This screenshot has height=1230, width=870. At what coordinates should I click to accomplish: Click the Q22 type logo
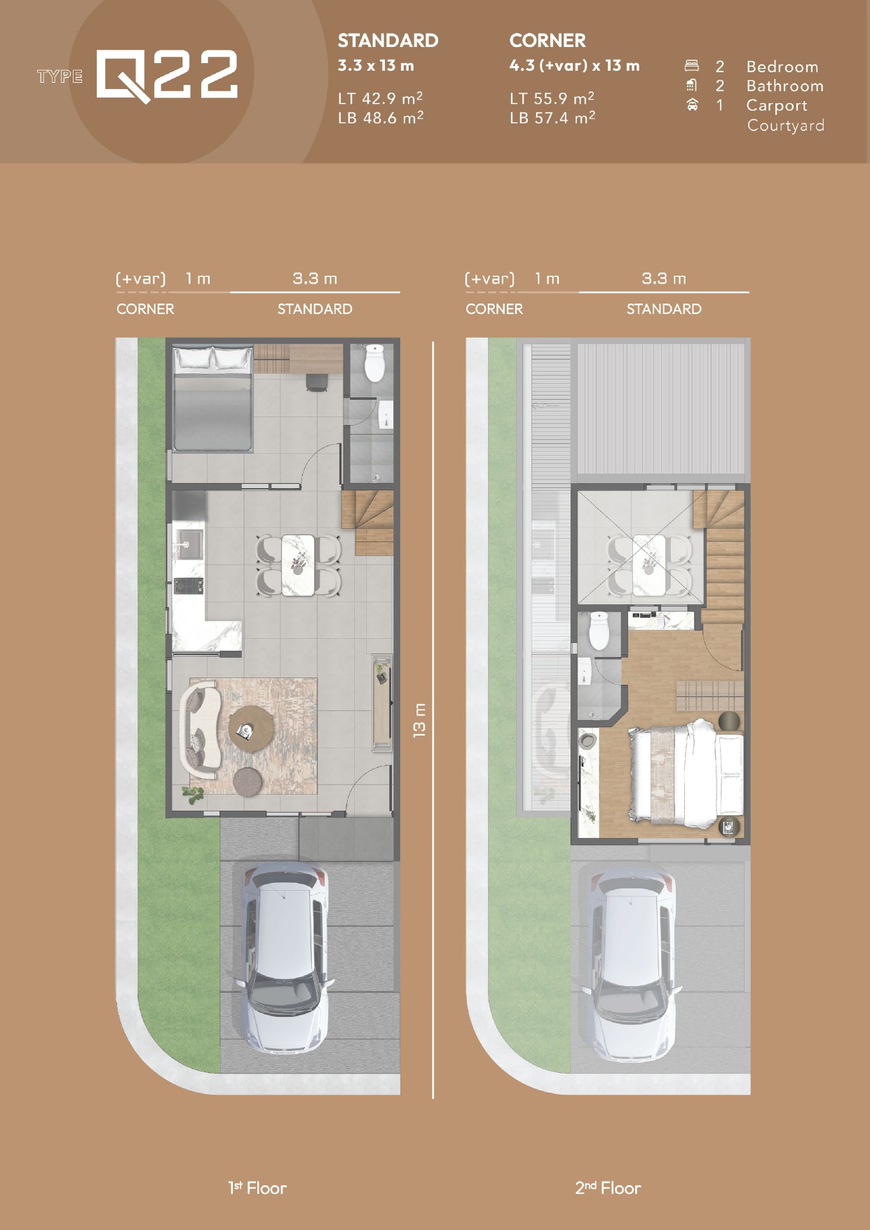click(x=167, y=75)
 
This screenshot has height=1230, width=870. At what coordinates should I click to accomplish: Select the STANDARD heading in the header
click(x=388, y=41)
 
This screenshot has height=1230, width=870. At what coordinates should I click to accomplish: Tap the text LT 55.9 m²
click(x=552, y=98)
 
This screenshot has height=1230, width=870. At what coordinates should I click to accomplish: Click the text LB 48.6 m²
click(x=380, y=118)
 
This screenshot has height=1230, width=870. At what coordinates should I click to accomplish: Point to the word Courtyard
click(x=785, y=126)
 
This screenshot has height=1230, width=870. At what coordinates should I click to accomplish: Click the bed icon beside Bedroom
click(x=692, y=66)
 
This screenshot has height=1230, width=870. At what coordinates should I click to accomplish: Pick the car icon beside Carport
click(x=693, y=104)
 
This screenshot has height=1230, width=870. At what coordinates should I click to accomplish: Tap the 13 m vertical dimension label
click(x=419, y=719)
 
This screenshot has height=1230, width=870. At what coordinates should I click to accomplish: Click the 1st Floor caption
click(x=257, y=1188)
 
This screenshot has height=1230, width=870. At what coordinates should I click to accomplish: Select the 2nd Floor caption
click(x=608, y=1188)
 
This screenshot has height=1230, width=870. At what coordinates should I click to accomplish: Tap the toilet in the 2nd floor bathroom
click(x=598, y=630)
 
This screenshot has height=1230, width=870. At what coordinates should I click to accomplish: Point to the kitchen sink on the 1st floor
click(x=189, y=544)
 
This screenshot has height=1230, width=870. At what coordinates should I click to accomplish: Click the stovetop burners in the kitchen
click(x=188, y=586)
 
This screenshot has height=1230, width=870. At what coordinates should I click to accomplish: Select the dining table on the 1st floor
click(x=298, y=565)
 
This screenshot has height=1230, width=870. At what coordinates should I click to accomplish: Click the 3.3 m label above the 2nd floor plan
click(x=664, y=278)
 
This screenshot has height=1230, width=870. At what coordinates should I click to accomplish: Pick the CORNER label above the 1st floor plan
click(x=145, y=309)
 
